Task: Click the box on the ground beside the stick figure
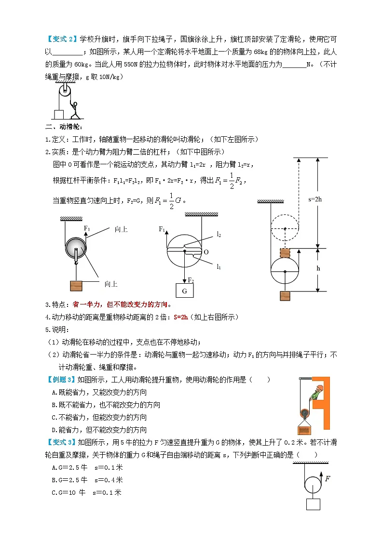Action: [59, 114]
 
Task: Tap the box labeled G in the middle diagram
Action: [184, 291]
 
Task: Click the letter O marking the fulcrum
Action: [206, 252]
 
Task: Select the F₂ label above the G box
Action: [190, 280]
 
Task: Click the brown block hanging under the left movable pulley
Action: [76, 285]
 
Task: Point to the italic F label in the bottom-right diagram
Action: [328, 478]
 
